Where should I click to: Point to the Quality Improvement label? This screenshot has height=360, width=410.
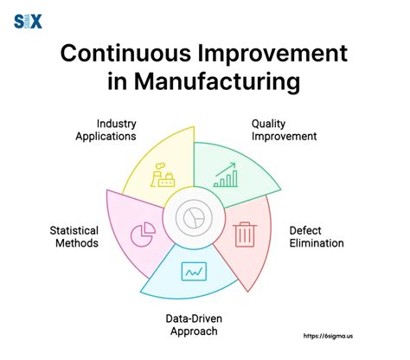tap(284, 130)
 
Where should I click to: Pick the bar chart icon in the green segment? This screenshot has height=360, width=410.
tap(227, 175)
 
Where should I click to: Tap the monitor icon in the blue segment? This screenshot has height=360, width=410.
tap(193, 272)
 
